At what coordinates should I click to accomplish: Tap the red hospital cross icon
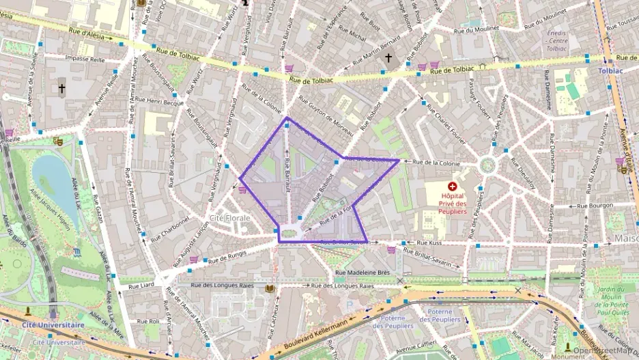click(452, 186)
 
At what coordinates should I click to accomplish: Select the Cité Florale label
click(229, 218)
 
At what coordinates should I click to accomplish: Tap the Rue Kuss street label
click(429, 243)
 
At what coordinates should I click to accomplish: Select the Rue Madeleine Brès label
click(362, 273)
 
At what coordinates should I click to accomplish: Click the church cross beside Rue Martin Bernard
click(388, 58)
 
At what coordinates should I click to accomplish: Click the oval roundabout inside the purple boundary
click(290, 233)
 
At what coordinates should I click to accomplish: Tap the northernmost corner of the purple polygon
click(287, 117)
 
